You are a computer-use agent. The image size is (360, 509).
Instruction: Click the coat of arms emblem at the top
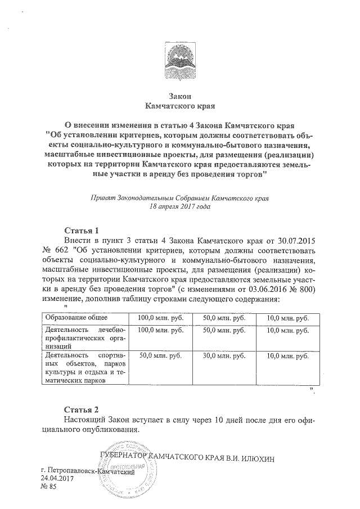[x=180, y=61]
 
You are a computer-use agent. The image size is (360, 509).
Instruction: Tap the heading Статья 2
[x=82, y=409]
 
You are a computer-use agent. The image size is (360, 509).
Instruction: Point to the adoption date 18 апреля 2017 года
[x=180, y=206]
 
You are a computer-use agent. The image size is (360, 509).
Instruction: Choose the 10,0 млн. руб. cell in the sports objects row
[x=286, y=356]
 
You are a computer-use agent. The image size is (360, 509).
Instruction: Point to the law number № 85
[x=49, y=487]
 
